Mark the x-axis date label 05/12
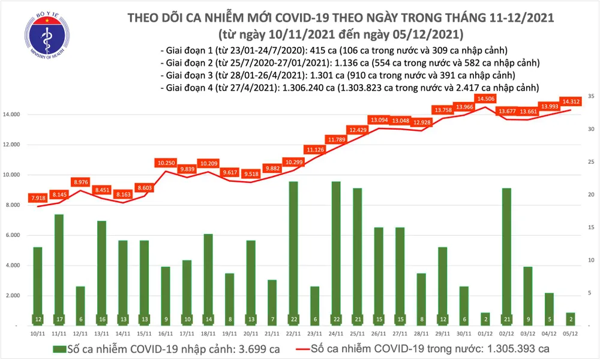click(570, 332)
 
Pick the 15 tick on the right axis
click(591, 227)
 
